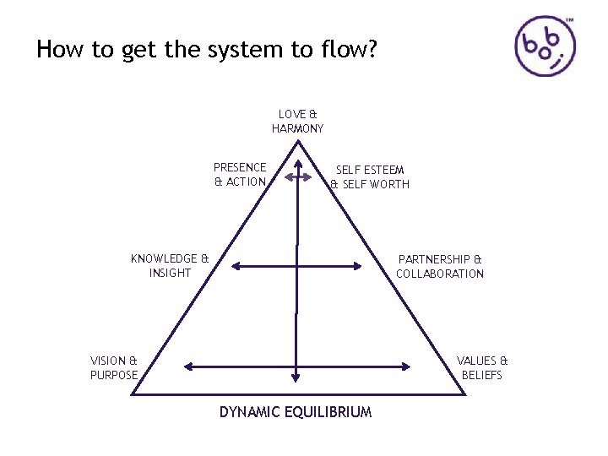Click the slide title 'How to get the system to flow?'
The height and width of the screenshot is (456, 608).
click(x=207, y=50)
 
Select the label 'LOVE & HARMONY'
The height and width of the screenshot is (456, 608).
click(x=297, y=121)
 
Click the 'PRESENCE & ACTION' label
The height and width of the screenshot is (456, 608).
click(x=240, y=175)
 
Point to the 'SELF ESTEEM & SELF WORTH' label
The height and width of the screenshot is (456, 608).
click(x=369, y=177)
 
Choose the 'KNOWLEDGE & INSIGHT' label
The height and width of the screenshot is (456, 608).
click(x=170, y=266)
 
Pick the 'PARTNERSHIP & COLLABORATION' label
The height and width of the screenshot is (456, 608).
click(x=439, y=266)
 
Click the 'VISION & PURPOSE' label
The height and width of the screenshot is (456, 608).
click(x=114, y=367)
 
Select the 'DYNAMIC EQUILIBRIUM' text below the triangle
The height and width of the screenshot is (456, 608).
click(x=296, y=412)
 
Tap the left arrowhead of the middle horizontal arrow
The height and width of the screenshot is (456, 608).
click(x=236, y=267)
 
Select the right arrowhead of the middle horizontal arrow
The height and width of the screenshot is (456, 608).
click(x=369, y=267)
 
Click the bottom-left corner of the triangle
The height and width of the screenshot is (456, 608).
click(x=133, y=394)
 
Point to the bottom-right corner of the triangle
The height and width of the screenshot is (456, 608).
click(x=461, y=394)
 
